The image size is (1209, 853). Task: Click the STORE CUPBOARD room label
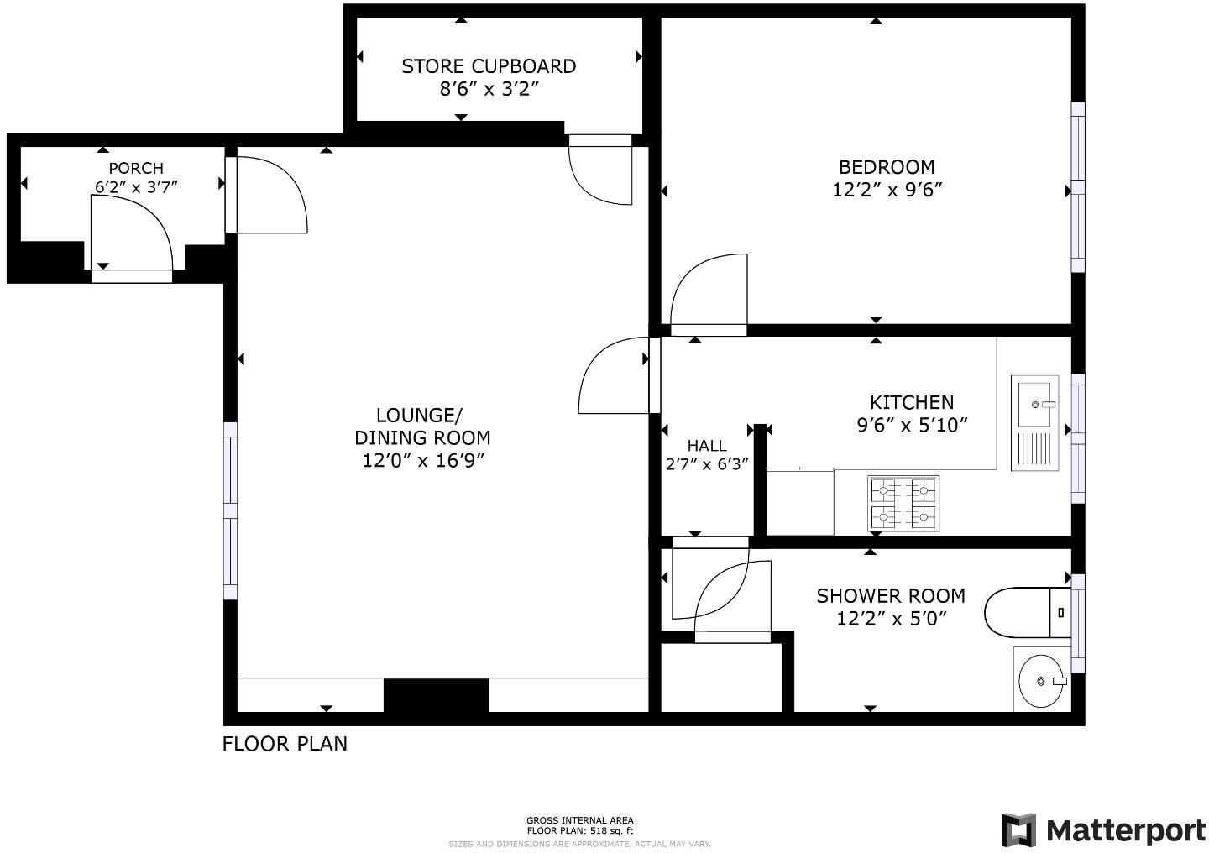489,66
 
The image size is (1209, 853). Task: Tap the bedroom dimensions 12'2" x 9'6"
887,190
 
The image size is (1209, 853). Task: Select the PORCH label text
136,168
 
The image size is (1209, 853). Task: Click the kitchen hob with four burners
903,504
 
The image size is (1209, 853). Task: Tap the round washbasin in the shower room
1041,680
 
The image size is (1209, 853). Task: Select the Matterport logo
1104,830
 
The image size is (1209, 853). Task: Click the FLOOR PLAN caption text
285,744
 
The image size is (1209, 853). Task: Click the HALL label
707,446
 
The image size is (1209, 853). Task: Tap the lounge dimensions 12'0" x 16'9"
423,461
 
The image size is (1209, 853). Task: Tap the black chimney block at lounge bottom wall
436,696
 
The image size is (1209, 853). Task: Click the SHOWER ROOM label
891,596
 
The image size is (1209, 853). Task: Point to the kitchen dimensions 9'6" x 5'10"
912,426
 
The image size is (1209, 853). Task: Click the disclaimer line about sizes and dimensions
579,844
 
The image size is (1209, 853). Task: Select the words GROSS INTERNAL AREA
579,820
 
